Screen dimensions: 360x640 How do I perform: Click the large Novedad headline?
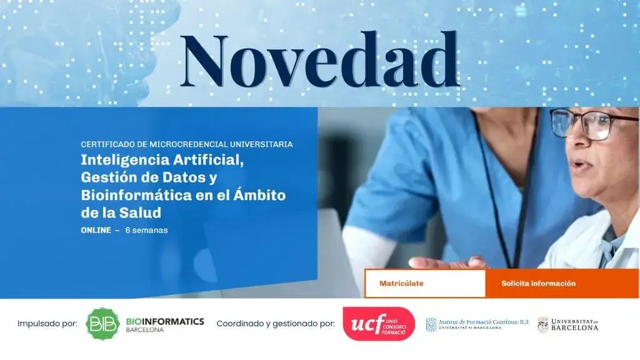tap(319, 61)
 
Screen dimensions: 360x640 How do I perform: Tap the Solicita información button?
tap(538, 284)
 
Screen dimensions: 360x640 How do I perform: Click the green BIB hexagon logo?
tap(102, 324)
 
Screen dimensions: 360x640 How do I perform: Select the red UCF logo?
tap(378, 324)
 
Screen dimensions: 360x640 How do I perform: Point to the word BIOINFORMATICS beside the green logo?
tap(165, 321)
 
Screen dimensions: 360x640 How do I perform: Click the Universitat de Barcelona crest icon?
tap(542, 324)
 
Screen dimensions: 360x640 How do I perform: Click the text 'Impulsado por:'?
tap(47, 324)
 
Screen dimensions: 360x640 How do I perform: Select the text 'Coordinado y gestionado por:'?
tap(276, 324)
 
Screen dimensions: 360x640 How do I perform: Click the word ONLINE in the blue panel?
tap(96, 230)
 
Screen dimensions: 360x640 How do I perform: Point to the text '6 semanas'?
tap(146, 230)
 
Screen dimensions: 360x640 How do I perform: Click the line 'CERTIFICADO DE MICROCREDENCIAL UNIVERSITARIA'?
tap(187, 144)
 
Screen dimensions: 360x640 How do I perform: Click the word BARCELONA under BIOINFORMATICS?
tap(145, 330)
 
